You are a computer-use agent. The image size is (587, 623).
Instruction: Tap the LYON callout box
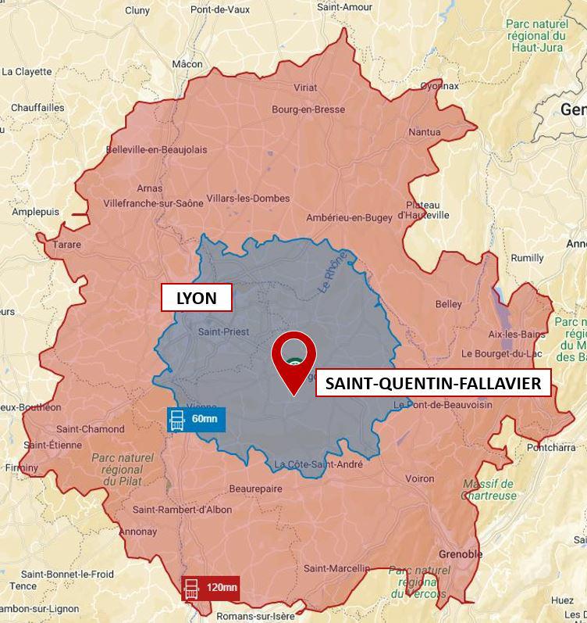tap(196, 298)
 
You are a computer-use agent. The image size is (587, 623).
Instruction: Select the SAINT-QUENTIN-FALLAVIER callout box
tap(433, 383)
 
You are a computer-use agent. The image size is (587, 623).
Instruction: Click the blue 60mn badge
tap(196, 420)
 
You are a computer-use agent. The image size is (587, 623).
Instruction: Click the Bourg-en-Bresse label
tap(308, 109)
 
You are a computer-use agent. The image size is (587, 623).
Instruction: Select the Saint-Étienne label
tap(52, 445)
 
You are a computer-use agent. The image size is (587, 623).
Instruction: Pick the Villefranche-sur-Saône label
tap(153, 203)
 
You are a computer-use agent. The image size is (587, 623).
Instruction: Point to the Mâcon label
tap(187, 64)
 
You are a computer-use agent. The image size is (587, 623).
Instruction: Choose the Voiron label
tap(419, 478)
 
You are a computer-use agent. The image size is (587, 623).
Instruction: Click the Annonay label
tap(139, 532)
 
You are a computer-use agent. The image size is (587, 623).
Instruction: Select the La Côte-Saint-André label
tap(318, 464)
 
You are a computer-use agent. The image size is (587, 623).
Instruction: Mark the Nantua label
tap(424, 132)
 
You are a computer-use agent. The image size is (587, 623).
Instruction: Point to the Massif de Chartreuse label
tap(489, 489)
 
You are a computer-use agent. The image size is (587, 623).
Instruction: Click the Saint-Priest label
tap(223, 331)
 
